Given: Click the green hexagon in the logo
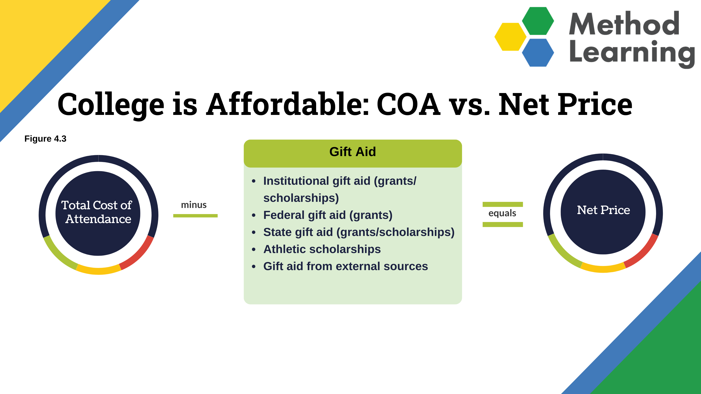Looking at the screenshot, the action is tap(538, 21).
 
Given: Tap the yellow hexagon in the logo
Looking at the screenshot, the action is tap(510, 37).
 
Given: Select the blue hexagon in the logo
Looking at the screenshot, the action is tap(538, 53).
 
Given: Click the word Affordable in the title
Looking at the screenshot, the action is tap(288, 104).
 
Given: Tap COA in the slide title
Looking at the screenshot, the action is tap(409, 104).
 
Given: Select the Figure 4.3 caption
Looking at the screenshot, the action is tap(45, 139).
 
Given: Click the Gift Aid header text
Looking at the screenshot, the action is tap(353, 152).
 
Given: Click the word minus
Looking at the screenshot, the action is tap(194, 205).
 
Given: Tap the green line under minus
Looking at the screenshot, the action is tap(195, 216).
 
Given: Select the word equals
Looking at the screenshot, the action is tap(502, 213).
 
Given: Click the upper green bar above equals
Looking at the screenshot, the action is tap(503, 204).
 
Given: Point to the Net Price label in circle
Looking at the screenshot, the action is tap(603, 210).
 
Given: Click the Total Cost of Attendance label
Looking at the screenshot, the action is tap(97, 212).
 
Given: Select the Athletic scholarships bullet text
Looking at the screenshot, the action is tap(322, 249).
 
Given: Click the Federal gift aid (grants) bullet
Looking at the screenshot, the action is tap(328, 215).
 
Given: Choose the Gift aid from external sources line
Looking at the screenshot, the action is tap(346, 266).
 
